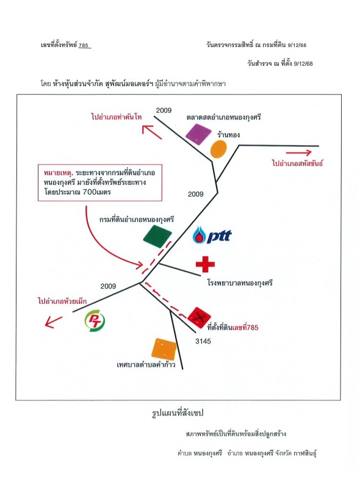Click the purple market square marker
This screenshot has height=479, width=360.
[x=198, y=134]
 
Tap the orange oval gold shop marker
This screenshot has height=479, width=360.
[x=218, y=149]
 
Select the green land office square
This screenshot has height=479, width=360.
[x=157, y=236]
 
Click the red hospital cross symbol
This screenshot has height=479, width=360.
[x=205, y=264]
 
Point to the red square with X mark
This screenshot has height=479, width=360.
[x=200, y=318]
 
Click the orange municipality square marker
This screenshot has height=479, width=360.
[x=164, y=349]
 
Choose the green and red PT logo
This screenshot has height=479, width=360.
[x=95, y=321]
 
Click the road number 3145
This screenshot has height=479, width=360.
[x=203, y=341]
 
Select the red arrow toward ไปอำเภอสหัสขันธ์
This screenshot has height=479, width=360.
[x=298, y=153]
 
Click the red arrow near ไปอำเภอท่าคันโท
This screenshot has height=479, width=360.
[x=151, y=132]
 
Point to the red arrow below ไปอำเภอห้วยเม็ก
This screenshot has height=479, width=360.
[x=53, y=322]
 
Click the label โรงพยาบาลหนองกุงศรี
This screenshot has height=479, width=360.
[x=240, y=283]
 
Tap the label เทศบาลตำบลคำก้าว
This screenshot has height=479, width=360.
[x=146, y=365]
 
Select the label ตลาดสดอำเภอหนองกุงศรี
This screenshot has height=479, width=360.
[x=224, y=117]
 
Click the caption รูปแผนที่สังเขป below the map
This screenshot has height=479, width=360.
[x=178, y=413]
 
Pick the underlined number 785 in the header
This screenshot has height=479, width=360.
[x=84, y=45]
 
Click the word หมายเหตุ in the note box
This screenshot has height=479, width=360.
[x=58, y=173]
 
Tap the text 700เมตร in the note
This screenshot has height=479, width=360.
[x=97, y=192]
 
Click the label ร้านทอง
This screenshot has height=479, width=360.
[x=228, y=135]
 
